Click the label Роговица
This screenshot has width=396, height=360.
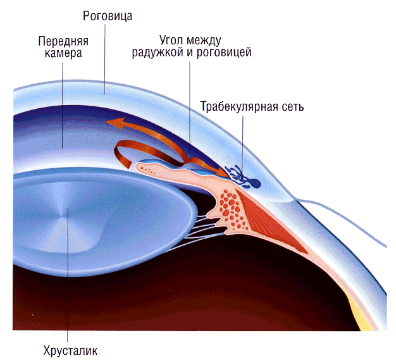pyautogui.click(x=108, y=16)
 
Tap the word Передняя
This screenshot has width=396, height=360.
pyautogui.click(x=63, y=41)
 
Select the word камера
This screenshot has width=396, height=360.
pyautogui.click(x=63, y=53)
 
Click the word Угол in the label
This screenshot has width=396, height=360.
pyautogui.click(x=171, y=40)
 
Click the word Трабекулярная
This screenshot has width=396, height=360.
pyautogui.click(x=236, y=107)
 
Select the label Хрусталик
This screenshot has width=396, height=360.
pyautogui.click(x=70, y=351)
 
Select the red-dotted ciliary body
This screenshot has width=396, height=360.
pyautogui.click(x=230, y=209)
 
